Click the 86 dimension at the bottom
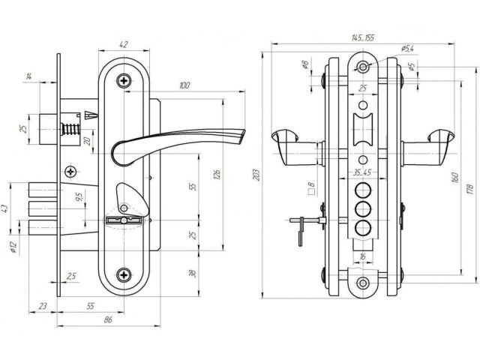109,320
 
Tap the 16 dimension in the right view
362,256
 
